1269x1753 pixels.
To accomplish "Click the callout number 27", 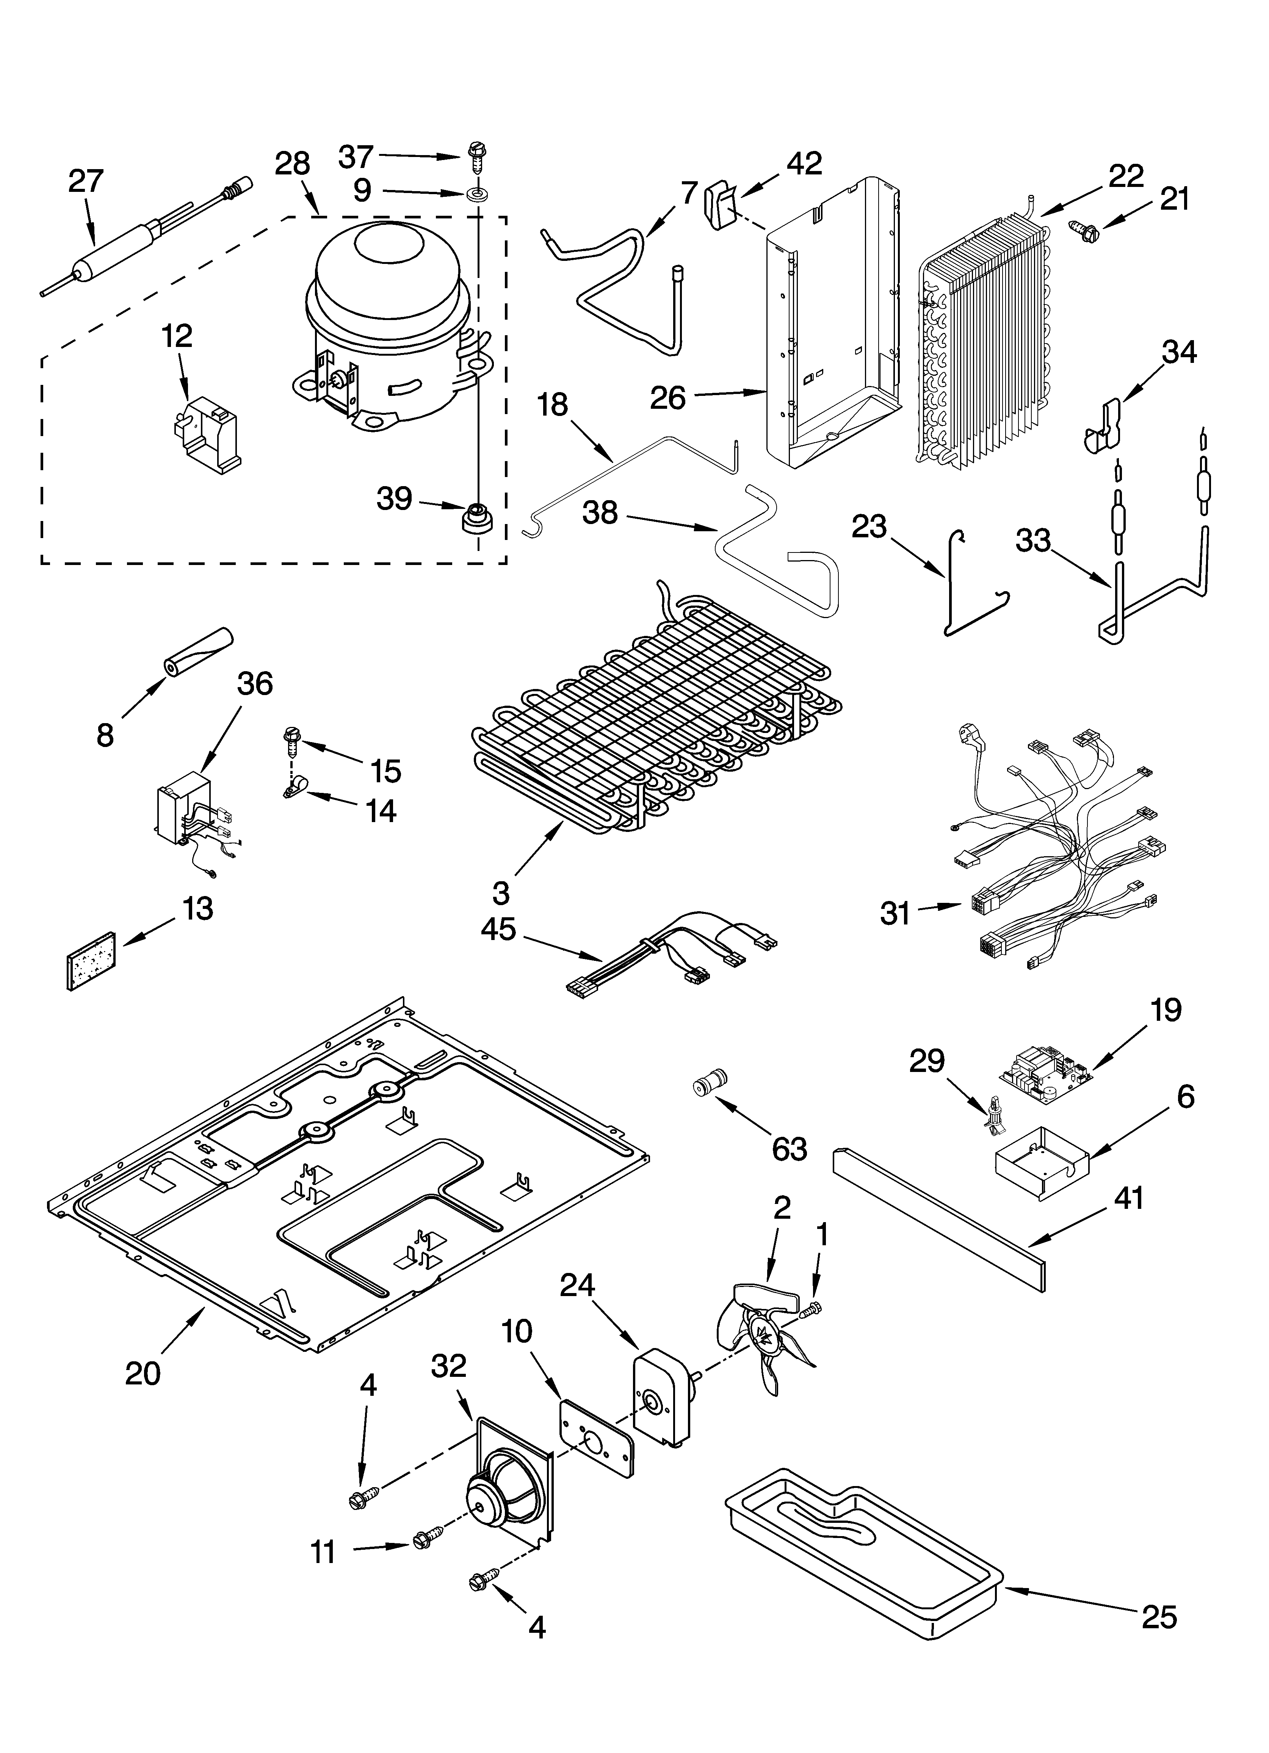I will coord(85,181).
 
